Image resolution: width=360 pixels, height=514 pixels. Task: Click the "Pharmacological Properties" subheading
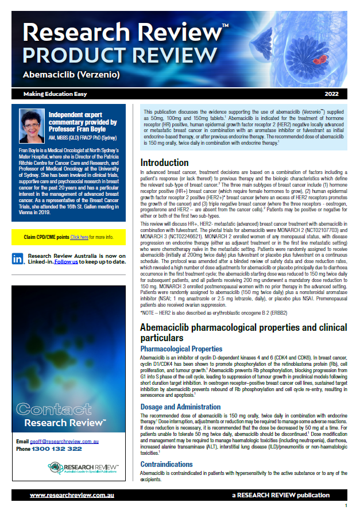(181, 349)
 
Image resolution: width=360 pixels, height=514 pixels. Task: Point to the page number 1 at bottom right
(346, 506)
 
